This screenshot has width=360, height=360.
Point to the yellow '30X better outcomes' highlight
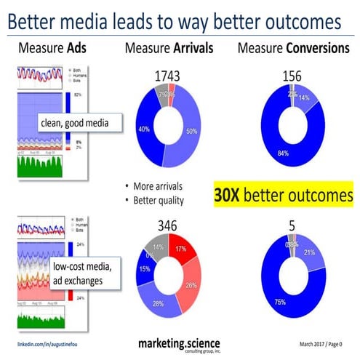[x=283, y=195]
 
